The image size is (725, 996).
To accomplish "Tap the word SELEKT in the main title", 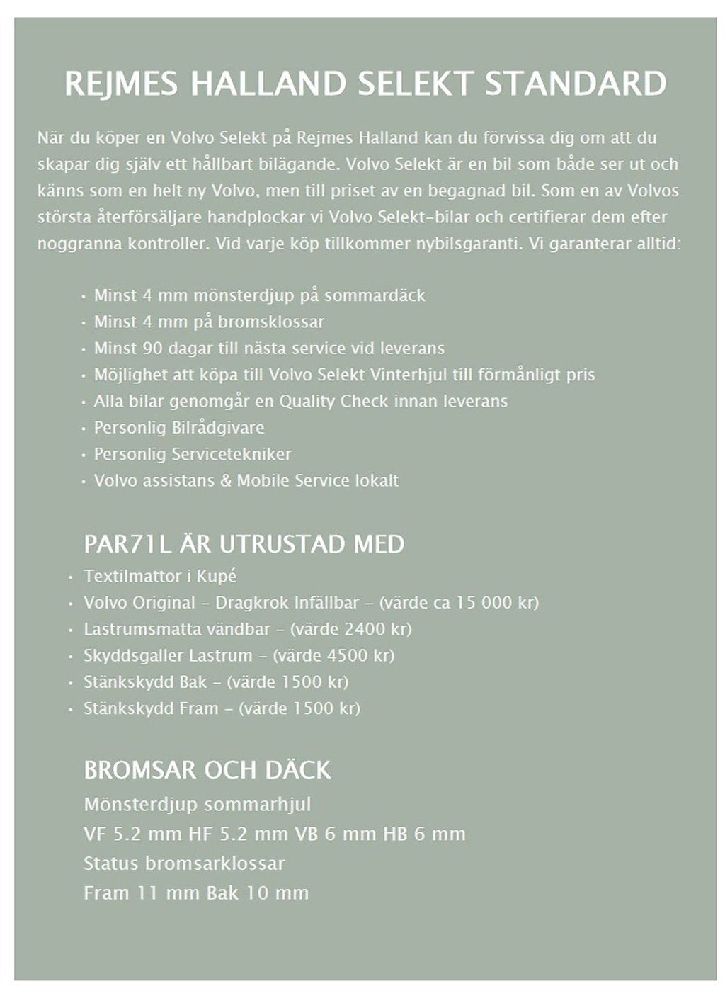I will click(x=414, y=84).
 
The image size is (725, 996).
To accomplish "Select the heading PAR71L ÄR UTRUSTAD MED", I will click(x=244, y=544).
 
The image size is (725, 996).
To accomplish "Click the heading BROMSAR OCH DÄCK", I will click(x=207, y=770).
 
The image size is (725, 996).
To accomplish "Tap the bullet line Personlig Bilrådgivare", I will click(x=178, y=428).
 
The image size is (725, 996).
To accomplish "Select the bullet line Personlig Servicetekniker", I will click(x=192, y=454).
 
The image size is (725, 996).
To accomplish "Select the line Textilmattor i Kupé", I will click(x=159, y=576).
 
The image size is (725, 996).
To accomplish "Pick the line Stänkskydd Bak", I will click(x=145, y=682).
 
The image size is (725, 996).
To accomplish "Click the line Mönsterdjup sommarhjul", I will click(x=197, y=805).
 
